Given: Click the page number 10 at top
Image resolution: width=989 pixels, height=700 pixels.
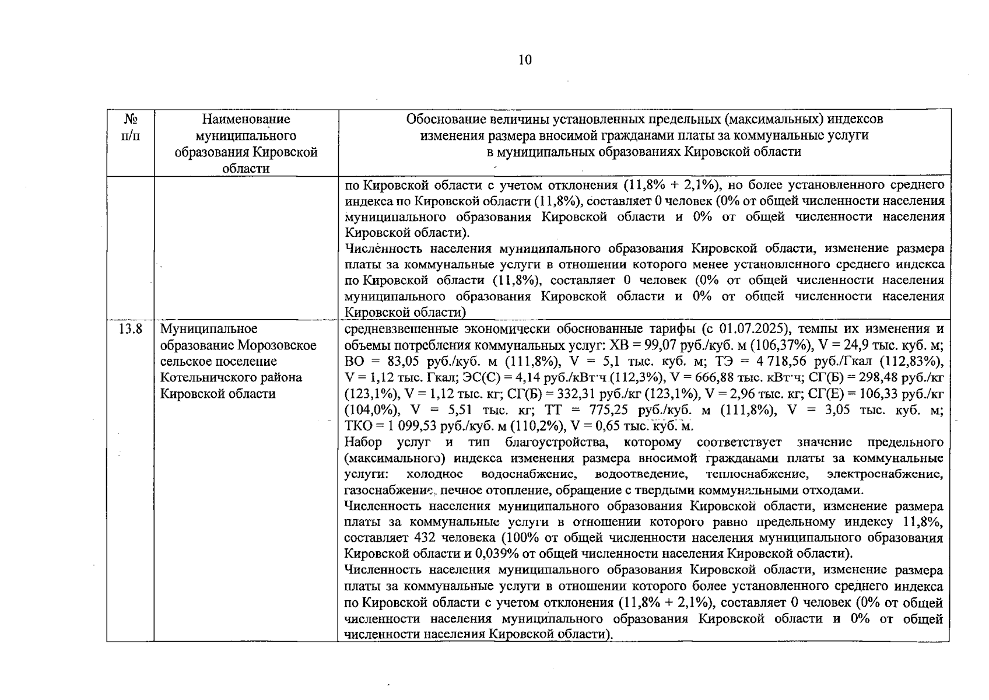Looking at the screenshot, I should [525, 60].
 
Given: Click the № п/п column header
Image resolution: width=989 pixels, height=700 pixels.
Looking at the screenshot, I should [131, 128].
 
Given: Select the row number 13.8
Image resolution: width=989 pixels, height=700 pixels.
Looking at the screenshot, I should [131, 329].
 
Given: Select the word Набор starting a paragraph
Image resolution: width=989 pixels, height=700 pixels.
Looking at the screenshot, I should [363, 442].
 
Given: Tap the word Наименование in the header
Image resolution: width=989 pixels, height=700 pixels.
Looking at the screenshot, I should [246, 119].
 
